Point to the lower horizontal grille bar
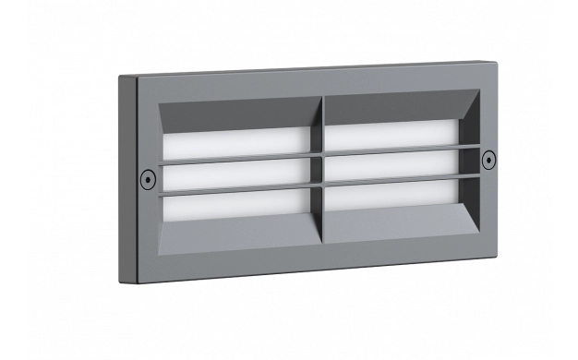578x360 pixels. tap(240, 188)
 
